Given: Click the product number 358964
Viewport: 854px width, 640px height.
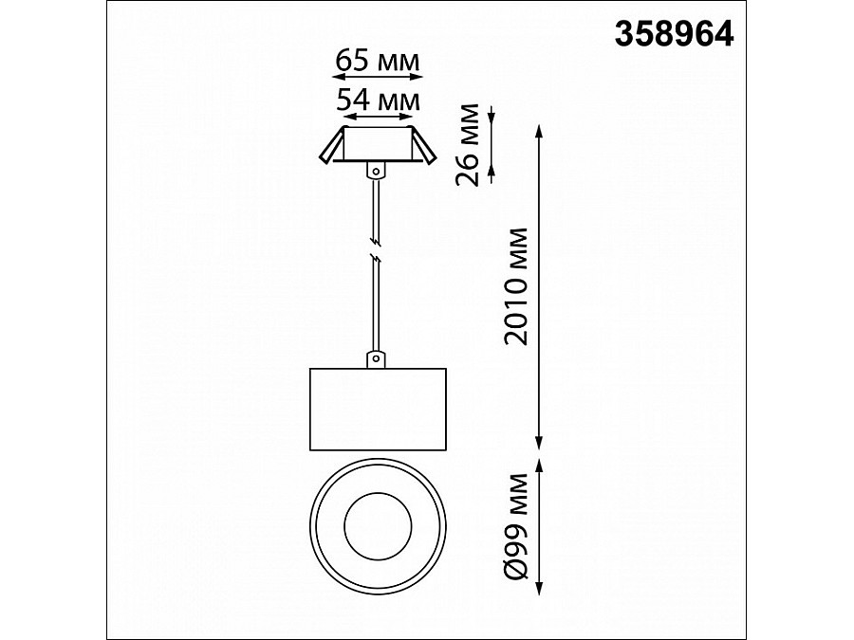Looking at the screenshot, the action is pos(675,35).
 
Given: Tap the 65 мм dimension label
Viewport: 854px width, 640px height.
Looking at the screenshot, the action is pos(378,61).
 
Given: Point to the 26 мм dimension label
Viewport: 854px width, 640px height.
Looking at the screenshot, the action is pos(467,145).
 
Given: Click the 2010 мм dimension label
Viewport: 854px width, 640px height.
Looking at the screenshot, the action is pos(516,286).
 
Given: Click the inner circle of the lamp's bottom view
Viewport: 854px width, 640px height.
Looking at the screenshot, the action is pos(378,527).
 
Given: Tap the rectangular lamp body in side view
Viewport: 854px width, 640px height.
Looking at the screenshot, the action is pos(378,410).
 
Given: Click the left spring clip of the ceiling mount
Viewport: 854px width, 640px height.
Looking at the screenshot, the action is pos(332,145).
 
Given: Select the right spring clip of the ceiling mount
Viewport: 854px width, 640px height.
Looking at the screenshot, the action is pos(423,145).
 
